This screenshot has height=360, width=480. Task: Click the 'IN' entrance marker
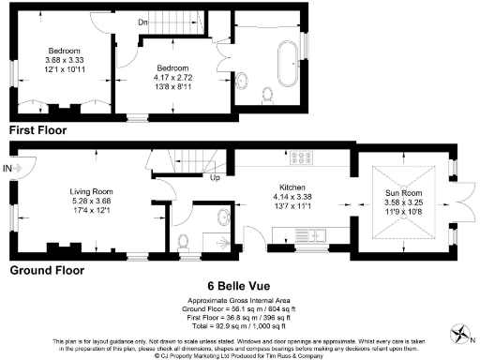[x=8, y=168]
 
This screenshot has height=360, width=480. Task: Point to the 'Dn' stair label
[x=142, y=22]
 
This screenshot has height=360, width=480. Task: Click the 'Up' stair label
[x=216, y=177]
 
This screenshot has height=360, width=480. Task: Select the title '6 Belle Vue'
[x=239, y=286]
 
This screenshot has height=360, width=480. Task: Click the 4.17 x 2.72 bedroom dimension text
[x=173, y=78]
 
